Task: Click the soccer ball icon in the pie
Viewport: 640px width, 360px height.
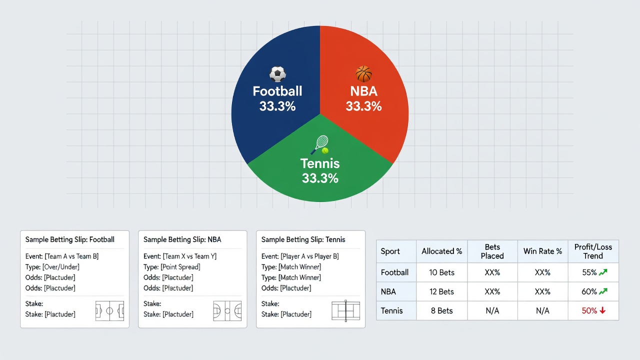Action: click(277, 74)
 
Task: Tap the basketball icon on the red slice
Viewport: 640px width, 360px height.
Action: click(363, 73)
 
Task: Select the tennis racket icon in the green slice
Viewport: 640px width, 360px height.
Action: click(320, 144)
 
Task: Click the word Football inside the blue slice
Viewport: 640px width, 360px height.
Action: click(277, 91)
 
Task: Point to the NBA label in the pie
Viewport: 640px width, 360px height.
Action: click(363, 91)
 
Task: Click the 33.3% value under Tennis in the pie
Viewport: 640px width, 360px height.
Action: click(320, 178)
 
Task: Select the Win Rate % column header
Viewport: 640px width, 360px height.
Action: click(542, 251)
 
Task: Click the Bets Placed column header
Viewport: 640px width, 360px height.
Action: click(492, 251)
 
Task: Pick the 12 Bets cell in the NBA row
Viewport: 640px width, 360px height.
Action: click(441, 291)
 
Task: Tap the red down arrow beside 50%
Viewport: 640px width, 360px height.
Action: click(602, 310)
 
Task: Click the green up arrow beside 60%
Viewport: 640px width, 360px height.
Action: click(603, 291)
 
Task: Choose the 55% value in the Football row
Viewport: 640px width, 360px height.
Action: click(589, 272)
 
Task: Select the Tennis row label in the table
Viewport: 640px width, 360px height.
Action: click(391, 310)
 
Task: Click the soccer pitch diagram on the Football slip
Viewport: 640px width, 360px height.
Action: click(109, 311)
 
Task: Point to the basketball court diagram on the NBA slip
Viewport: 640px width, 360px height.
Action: click(227, 311)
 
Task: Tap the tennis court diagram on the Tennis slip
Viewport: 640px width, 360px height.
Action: click(345, 311)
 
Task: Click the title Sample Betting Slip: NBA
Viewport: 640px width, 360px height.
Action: click(182, 239)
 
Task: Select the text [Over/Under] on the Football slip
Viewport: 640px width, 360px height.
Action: click(61, 267)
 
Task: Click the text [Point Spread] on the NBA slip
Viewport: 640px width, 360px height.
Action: click(180, 267)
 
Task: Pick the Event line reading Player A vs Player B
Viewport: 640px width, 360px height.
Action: click(300, 256)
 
